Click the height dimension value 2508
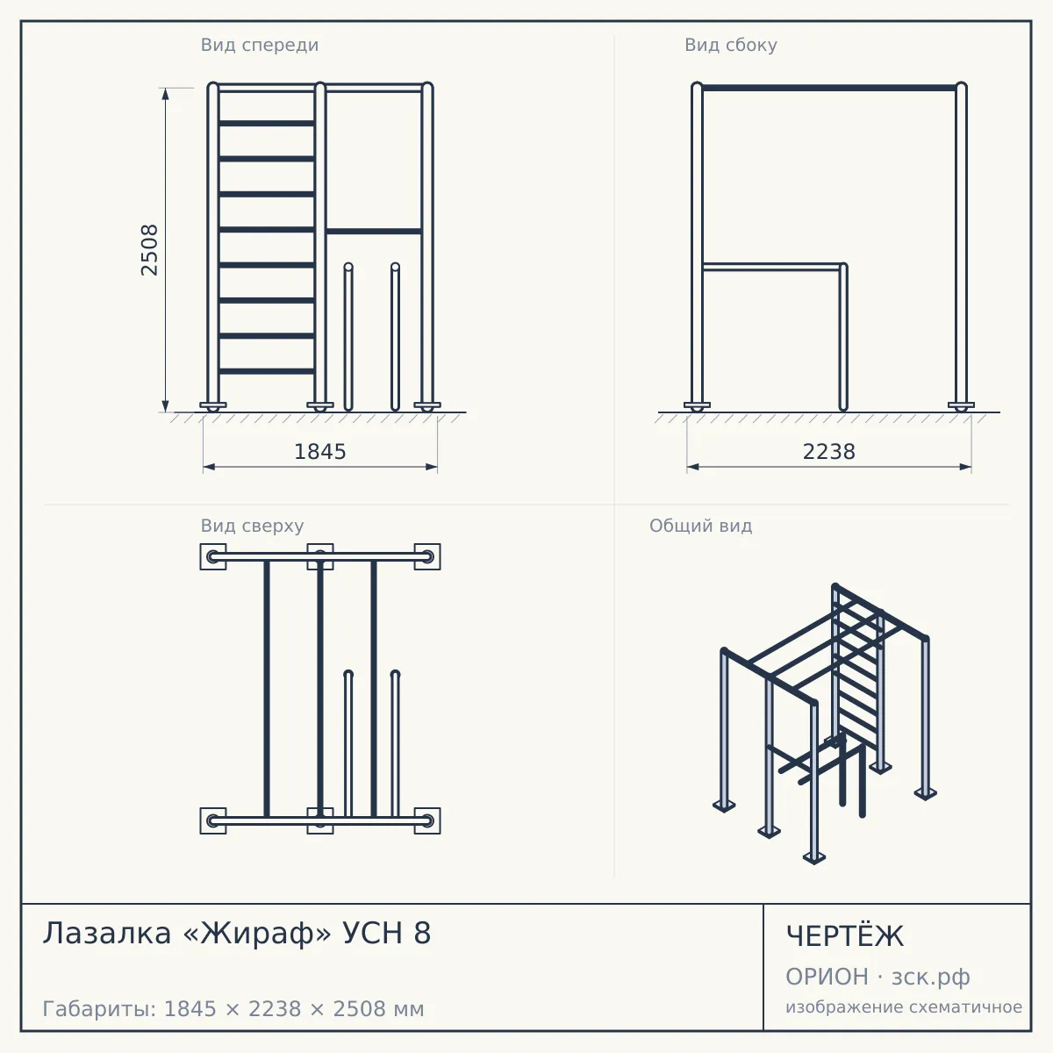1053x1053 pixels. point(149,250)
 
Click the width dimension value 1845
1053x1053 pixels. point(319,452)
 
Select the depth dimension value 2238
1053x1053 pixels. point(828,452)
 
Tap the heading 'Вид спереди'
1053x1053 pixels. point(260,45)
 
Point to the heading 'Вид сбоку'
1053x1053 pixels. point(731,45)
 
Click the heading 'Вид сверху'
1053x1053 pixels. point(252,526)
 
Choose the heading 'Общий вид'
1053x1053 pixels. point(700,526)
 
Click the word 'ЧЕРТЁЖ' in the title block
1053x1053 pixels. point(845,935)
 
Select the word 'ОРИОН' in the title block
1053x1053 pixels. point(827,977)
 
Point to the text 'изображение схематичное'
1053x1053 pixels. point(903,1006)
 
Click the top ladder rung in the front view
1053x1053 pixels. point(267,124)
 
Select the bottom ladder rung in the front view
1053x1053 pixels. point(267,371)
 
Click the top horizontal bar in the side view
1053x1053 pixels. point(829,88)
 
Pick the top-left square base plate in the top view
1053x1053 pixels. point(213,557)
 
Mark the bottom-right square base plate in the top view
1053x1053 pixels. point(427,820)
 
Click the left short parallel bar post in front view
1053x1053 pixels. point(348,337)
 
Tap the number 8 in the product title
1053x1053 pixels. point(422,934)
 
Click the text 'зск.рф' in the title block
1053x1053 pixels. point(931,978)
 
